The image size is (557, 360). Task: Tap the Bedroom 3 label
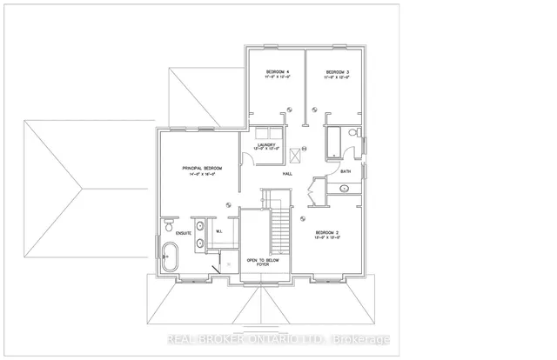(x=338, y=71)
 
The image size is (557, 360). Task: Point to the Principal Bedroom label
(x=202, y=167)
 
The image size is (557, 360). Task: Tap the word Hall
(x=287, y=174)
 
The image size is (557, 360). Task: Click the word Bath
(x=346, y=172)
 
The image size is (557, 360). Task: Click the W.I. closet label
(x=220, y=231)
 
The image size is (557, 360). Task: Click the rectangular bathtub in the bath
(x=334, y=141)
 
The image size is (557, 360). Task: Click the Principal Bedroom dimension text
(x=202, y=175)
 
